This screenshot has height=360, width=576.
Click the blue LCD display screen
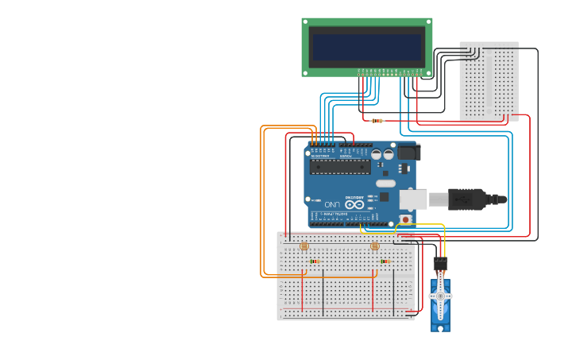tap(366, 47)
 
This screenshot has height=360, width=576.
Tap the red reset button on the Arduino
tap(405, 219)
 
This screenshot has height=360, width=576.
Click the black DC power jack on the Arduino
tap(408, 152)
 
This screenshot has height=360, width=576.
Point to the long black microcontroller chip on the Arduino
tap(340, 167)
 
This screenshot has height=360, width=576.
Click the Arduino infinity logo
tap(354, 204)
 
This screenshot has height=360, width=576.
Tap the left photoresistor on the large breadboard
tap(303, 246)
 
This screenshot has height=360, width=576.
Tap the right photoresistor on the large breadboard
tap(375, 246)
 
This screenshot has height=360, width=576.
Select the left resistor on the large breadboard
tap(315, 261)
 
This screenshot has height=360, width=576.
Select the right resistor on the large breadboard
tap(385, 261)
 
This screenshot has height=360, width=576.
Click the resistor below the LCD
tap(377, 121)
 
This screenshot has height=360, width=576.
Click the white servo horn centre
tap(440, 296)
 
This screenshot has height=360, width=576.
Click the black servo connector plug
tap(440, 263)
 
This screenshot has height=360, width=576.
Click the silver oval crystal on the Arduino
tap(386, 184)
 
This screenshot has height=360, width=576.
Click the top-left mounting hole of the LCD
tap(306, 22)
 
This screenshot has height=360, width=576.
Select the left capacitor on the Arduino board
tap(376, 154)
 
